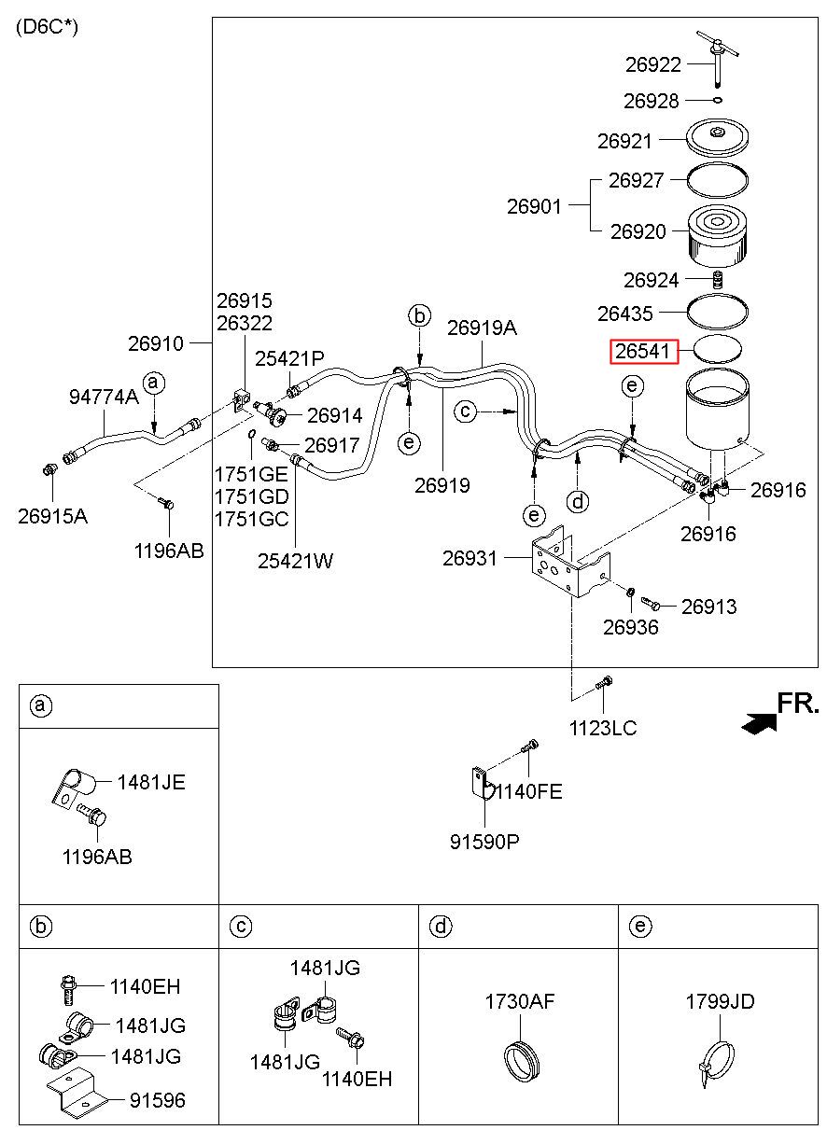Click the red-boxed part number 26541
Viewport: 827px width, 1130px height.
(642, 351)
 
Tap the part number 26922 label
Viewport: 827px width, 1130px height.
(653, 64)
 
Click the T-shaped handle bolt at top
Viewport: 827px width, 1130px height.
(717, 55)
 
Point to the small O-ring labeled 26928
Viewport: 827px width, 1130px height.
(718, 100)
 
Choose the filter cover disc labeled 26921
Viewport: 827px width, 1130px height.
(717, 136)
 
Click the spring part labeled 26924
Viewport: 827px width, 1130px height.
(717, 280)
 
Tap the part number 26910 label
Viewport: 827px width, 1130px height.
(155, 343)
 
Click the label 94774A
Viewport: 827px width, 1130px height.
(104, 397)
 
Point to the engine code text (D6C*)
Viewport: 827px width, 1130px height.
(48, 27)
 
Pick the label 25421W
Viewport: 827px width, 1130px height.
(295, 561)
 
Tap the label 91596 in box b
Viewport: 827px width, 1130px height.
(158, 1100)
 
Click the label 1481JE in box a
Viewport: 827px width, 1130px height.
(151, 783)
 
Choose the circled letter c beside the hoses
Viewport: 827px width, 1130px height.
(465, 412)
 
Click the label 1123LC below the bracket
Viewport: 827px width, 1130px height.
(603, 728)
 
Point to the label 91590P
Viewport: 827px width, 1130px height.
(484, 842)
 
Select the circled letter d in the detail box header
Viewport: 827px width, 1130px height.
(441, 927)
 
